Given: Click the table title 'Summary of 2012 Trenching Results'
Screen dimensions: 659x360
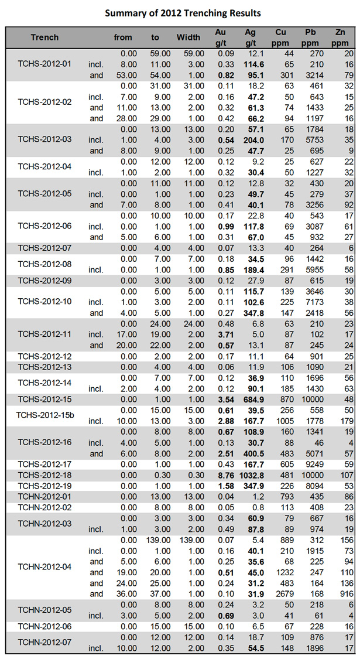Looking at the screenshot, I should click(180, 13).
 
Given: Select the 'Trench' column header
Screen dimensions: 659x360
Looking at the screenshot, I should click(45, 37).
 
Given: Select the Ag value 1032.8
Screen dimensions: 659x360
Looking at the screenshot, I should click(250, 474).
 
